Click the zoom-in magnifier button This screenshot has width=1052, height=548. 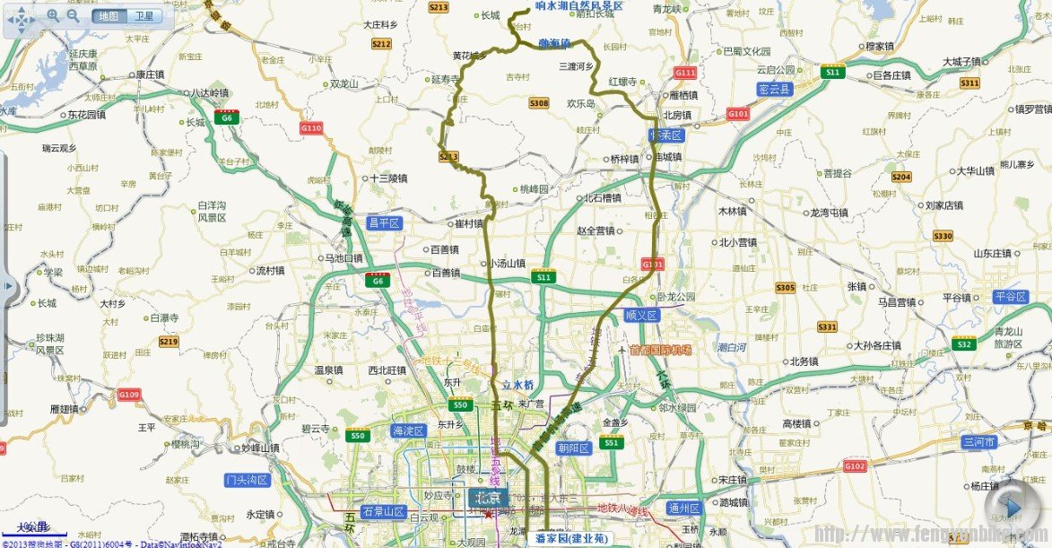point(54,15)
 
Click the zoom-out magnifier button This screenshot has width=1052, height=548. point(74,15)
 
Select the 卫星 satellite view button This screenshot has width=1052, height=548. point(143,16)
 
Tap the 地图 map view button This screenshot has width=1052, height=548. point(109,16)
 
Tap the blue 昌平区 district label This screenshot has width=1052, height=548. point(384,223)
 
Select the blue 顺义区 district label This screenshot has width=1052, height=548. point(642,316)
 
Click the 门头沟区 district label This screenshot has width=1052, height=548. point(248,480)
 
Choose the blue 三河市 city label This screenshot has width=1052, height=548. point(979,442)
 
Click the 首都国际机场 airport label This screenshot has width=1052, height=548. point(661,350)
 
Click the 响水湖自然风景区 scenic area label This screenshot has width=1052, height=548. point(578,6)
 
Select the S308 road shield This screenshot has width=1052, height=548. point(538,104)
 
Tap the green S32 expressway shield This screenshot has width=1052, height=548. point(964,344)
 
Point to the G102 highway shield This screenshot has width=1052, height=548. point(856,466)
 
